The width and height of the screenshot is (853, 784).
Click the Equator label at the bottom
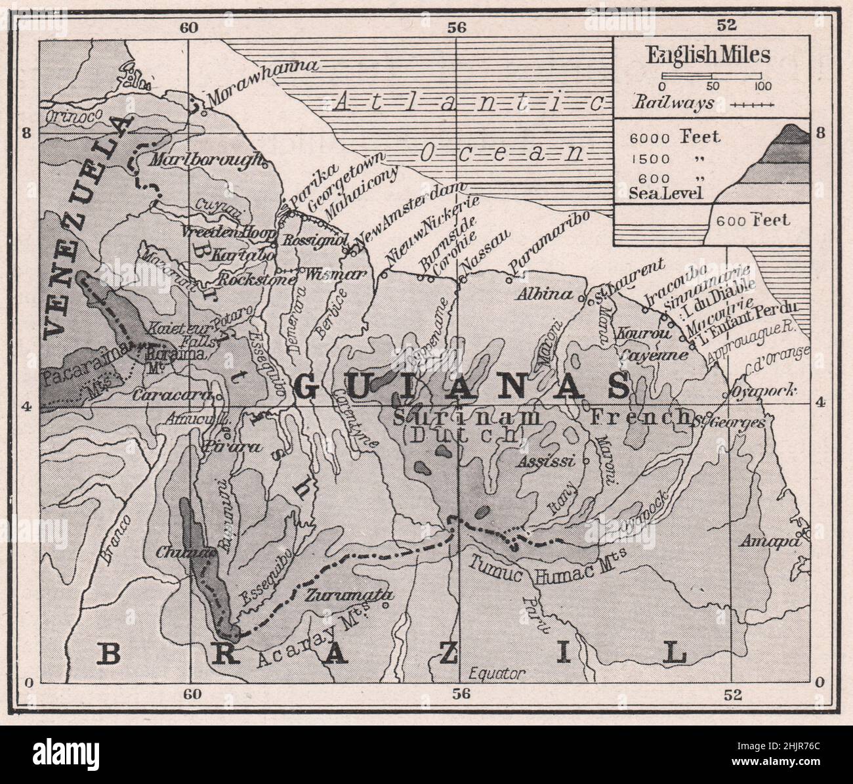[x=499, y=673]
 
